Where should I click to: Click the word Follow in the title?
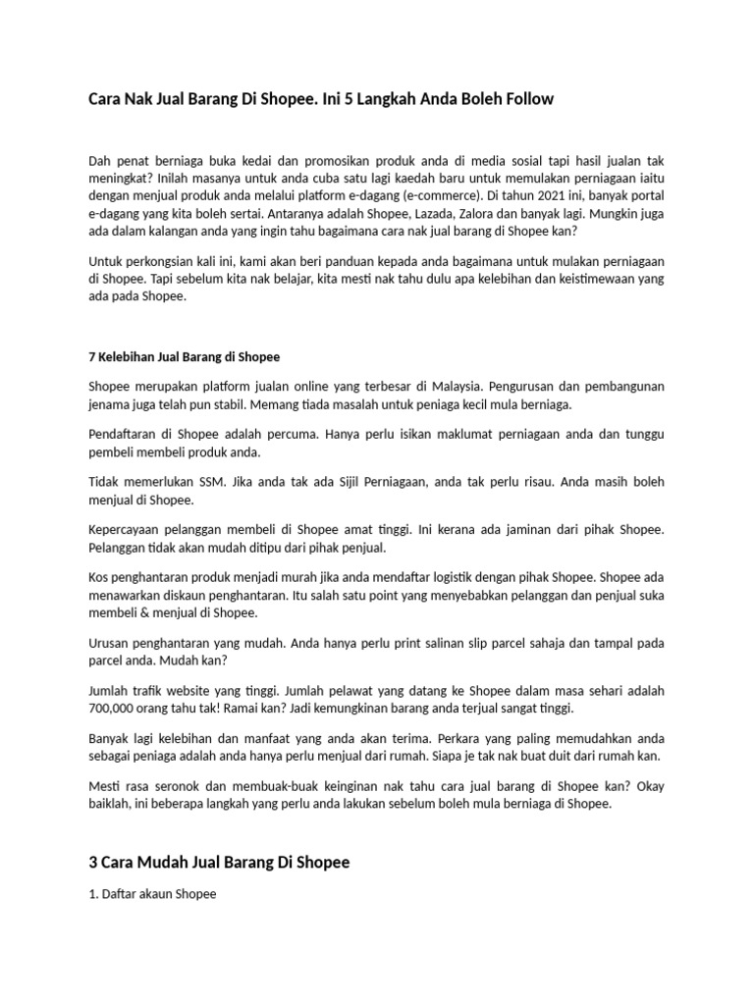coord(531,99)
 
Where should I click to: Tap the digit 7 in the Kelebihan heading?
coord(92,356)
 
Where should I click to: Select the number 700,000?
coord(116,708)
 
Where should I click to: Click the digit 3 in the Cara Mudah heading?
coord(93,863)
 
